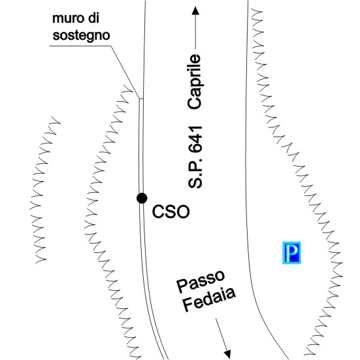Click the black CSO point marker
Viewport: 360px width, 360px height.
[142, 198]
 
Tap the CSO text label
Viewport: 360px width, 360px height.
[171, 212]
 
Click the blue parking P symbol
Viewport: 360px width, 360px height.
[291, 253]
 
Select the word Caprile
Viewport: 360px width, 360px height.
[195, 82]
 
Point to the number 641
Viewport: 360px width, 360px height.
[195, 139]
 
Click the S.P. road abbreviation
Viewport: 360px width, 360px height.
[195, 173]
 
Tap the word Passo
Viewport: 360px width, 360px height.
[201, 281]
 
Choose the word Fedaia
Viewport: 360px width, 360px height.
[209, 299]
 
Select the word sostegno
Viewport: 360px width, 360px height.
[81, 35]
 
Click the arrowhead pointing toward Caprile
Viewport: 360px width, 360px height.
[195, 11]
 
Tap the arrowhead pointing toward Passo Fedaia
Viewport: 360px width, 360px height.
[227, 353]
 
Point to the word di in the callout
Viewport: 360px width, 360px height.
[94, 18]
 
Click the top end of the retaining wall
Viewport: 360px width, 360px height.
[140, 99]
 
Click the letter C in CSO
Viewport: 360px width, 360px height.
[157, 212]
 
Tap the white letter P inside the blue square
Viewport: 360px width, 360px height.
[292, 253]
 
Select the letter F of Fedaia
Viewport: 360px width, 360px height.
[188, 306]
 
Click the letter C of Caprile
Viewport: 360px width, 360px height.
[195, 102]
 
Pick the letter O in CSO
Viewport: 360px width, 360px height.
[183, 212]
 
